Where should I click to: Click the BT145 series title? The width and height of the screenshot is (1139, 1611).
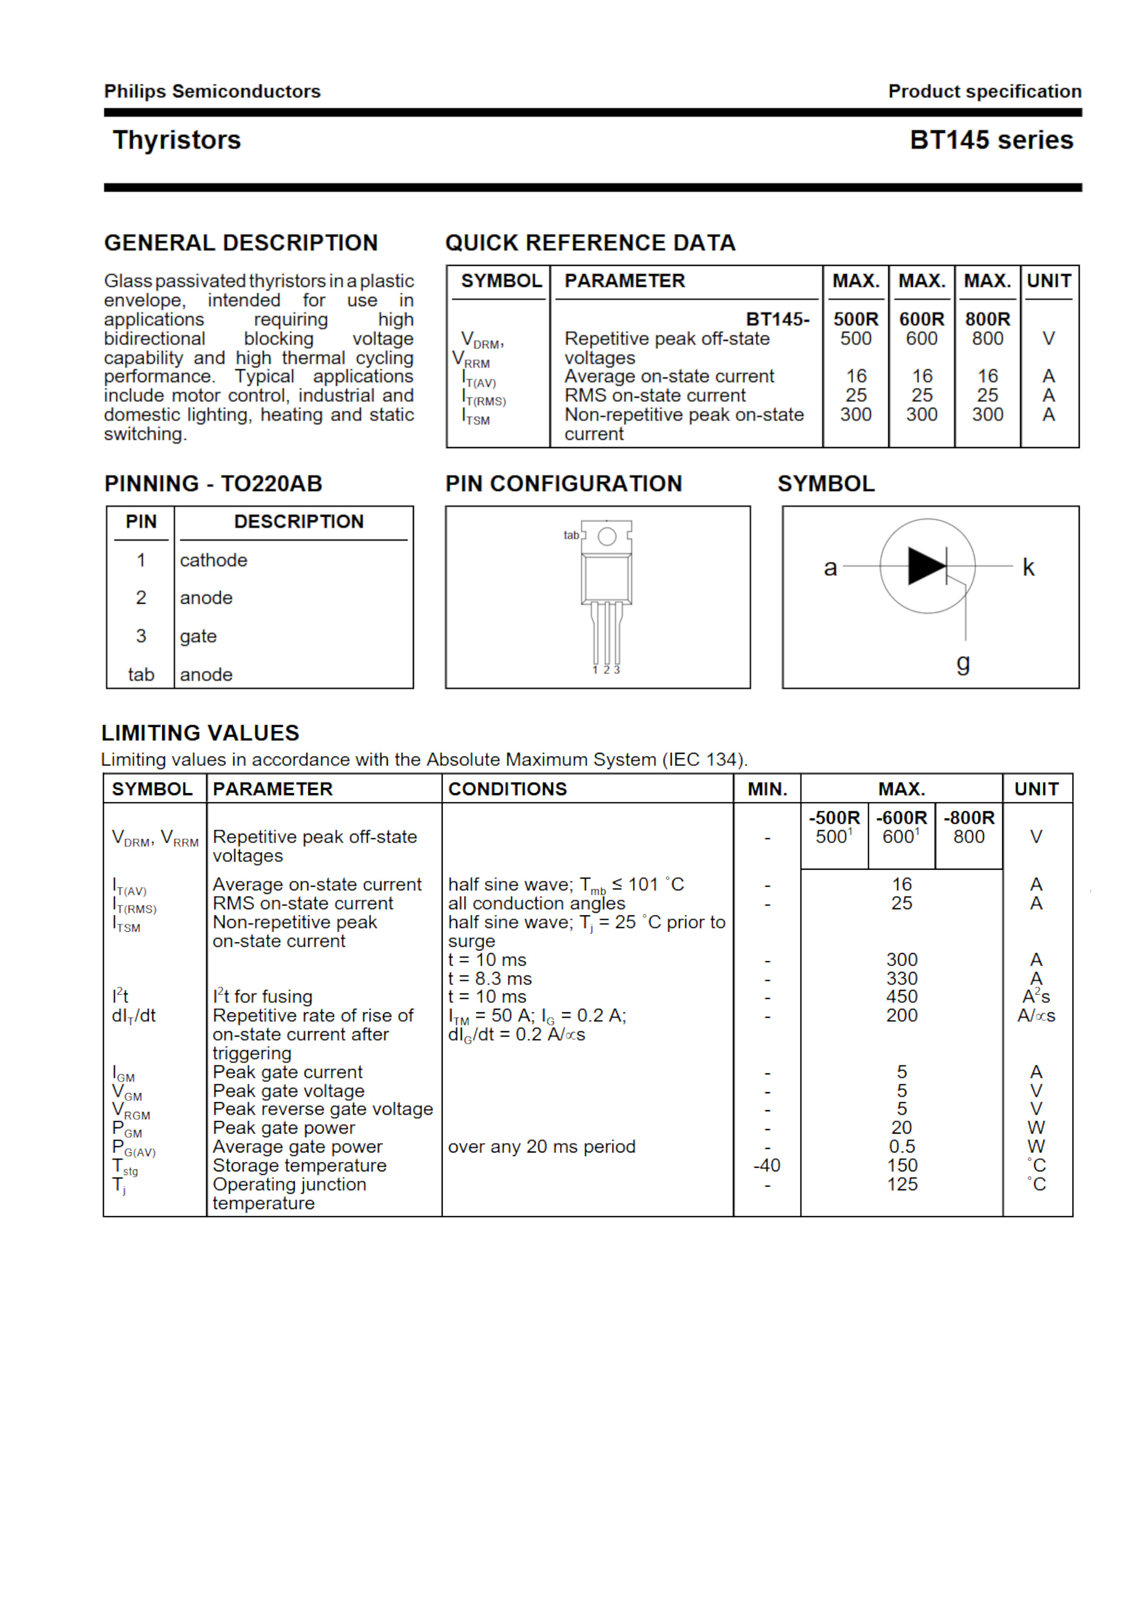tap(991, 141)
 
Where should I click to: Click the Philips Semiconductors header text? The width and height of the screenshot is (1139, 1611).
tap(212, 91)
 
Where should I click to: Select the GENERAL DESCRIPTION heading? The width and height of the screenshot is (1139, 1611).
tap(241, 243)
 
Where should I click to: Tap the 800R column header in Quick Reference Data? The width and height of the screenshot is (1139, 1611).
tap(987, 319)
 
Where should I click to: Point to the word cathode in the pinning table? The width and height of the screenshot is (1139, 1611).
tap(214, 560)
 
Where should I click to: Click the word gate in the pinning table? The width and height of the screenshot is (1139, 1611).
tap(198, 637)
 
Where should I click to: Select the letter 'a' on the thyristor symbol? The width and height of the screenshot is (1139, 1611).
tap(830, 568)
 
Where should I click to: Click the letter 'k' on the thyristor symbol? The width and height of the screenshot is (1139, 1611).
tap(1028, 567)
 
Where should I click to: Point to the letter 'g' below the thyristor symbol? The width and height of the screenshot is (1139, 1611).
tap(963, 662)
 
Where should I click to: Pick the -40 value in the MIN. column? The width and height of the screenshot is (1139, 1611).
tap(767, 1166)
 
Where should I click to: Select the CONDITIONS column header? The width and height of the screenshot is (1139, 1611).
tap(507, 789)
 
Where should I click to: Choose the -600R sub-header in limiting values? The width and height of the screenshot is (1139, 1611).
tap(901, 818)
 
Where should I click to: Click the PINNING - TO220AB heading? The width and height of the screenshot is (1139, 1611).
tap(213, 484)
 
